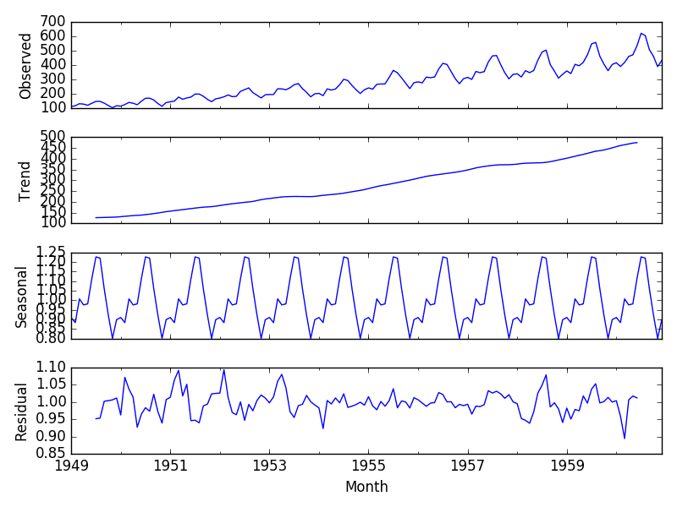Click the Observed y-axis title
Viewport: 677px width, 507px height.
point(25,66)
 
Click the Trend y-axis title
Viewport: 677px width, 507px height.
point(25,180)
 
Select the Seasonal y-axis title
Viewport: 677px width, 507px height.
point(20,296)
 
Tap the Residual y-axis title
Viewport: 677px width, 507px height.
point(20,412)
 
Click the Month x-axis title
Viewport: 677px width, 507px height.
point(366,488)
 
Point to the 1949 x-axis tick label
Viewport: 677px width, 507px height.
point(71,466)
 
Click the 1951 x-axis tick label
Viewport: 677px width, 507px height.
point(170,466)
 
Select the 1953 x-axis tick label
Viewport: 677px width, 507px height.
point(269,466)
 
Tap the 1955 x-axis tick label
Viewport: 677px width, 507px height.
point(368,466)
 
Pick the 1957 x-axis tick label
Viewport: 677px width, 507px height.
point(467,466)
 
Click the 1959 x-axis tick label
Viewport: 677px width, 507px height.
point(566,466)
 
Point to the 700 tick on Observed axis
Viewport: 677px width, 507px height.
point(53,21)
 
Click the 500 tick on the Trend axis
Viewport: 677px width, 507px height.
point(53,137)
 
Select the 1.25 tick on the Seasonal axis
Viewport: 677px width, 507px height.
point(49,253)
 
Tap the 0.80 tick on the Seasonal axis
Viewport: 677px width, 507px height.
point(49,339)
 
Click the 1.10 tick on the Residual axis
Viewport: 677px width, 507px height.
point(49,368)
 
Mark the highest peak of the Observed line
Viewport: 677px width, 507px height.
point(641,33)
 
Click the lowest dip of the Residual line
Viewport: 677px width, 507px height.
point(625,438)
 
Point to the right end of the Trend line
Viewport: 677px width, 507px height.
point(637,142)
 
